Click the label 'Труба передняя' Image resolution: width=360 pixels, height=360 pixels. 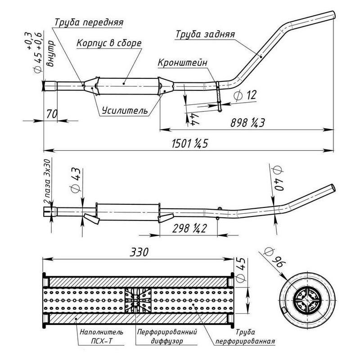(x=89, y=22)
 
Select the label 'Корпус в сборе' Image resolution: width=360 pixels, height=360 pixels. (x=109, y=43)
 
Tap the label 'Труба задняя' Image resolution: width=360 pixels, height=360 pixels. (x=205, y=35)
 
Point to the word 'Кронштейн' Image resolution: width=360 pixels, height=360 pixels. (x=182, y=63)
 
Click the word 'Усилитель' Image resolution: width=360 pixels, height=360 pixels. (x=124, y=110)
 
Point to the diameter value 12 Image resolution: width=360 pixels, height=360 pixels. (x=245, y=95)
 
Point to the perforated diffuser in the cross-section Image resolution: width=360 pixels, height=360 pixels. (x=138, y=299)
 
